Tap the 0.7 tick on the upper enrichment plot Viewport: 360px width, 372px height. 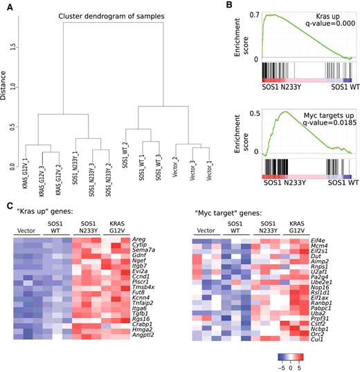(x=254, y=14)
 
